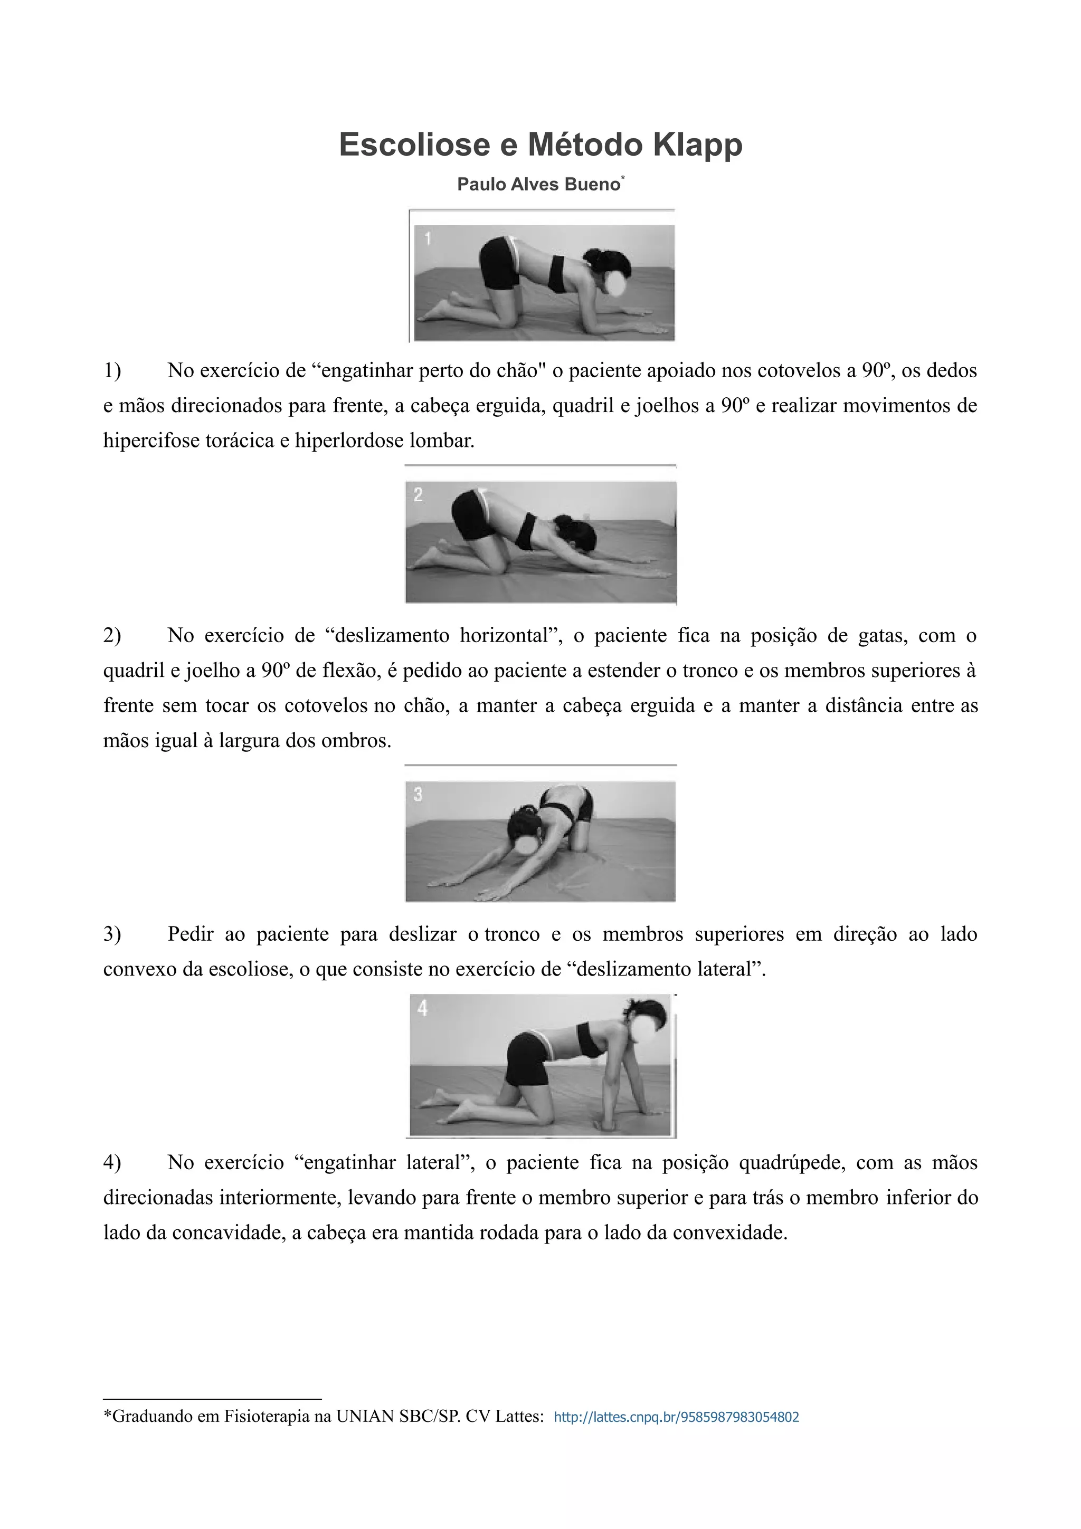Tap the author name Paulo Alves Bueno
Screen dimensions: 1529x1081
tap(538, 185)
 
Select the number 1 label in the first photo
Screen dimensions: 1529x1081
tap(428, 238)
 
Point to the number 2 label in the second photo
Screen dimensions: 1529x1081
tap(418, 495)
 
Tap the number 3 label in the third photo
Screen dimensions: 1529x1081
tap(418, 794)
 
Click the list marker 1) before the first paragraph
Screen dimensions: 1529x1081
tap(112, 370)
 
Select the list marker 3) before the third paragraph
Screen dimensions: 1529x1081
tap(112, 934)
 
